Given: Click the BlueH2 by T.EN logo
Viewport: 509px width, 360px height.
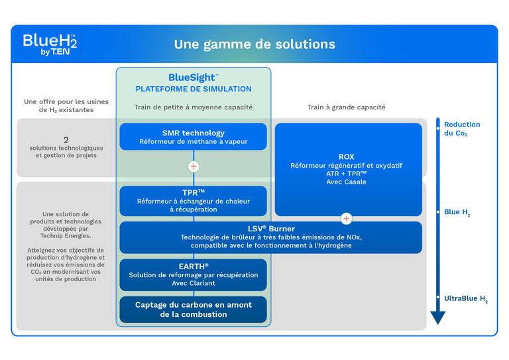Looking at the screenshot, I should click(x=50, y=44).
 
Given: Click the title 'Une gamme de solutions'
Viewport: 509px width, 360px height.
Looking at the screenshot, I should click(x=254, y=44).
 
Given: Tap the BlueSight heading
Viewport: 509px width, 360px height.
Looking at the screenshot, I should click(x=193, y=78).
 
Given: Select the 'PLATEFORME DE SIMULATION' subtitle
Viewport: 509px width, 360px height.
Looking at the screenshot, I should click(x=193, y=89).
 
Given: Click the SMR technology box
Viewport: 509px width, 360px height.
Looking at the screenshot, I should click(x=193, y=137).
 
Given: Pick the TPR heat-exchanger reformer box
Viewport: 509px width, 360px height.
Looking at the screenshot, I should click(x=193, y=200).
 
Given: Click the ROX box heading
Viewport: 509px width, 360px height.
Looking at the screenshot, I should click(x=346, y=157).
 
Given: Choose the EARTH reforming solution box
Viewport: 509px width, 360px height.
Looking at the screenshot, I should click(x=193, y=274).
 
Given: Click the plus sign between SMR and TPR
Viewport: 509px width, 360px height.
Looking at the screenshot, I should click(x=194, y=166).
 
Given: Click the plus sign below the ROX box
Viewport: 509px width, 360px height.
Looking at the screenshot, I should click(x=346, y=218).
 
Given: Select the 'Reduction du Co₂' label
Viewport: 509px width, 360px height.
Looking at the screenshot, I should click(x=462, y=129).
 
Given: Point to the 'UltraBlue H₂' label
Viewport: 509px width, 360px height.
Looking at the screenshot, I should click(x=465, y=299).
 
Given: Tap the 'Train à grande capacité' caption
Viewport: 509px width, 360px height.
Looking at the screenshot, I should click(x=346, y=107).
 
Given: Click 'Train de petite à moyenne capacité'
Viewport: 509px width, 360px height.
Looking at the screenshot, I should click(x=193, y=107).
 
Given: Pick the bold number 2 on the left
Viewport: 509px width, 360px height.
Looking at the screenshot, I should click(x=66, y=139).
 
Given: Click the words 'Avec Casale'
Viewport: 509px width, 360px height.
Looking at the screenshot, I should click(x=346, y=182).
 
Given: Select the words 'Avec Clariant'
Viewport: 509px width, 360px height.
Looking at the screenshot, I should click(x=193, y=283).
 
